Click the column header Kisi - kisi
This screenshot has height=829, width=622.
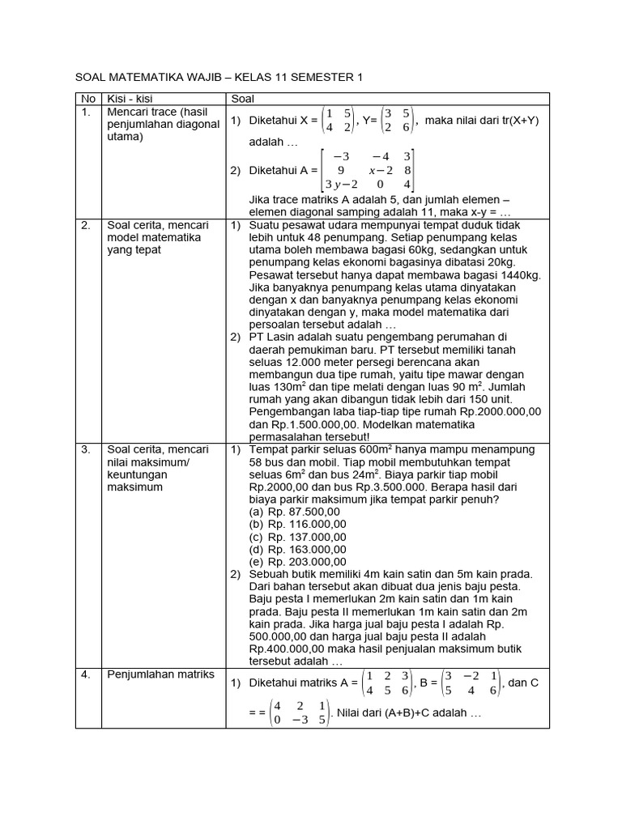130,99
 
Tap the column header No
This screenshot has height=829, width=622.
87,99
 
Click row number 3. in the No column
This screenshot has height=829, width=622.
86,449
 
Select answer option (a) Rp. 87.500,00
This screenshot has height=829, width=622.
295,512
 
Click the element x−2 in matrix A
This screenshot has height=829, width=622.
381,170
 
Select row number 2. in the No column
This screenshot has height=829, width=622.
86,225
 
